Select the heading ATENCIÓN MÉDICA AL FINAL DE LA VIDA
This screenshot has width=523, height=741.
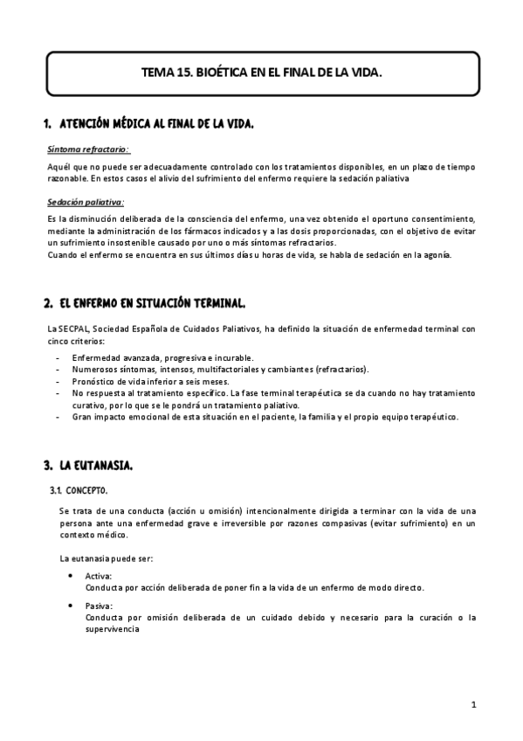(x=156, y=125)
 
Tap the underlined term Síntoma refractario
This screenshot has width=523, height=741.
(x=87, y=149)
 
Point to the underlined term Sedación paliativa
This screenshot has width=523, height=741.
(x=86, y=203)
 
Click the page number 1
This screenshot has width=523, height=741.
(x=472, y=704)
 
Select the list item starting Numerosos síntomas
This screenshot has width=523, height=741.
(x=220, y=370)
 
